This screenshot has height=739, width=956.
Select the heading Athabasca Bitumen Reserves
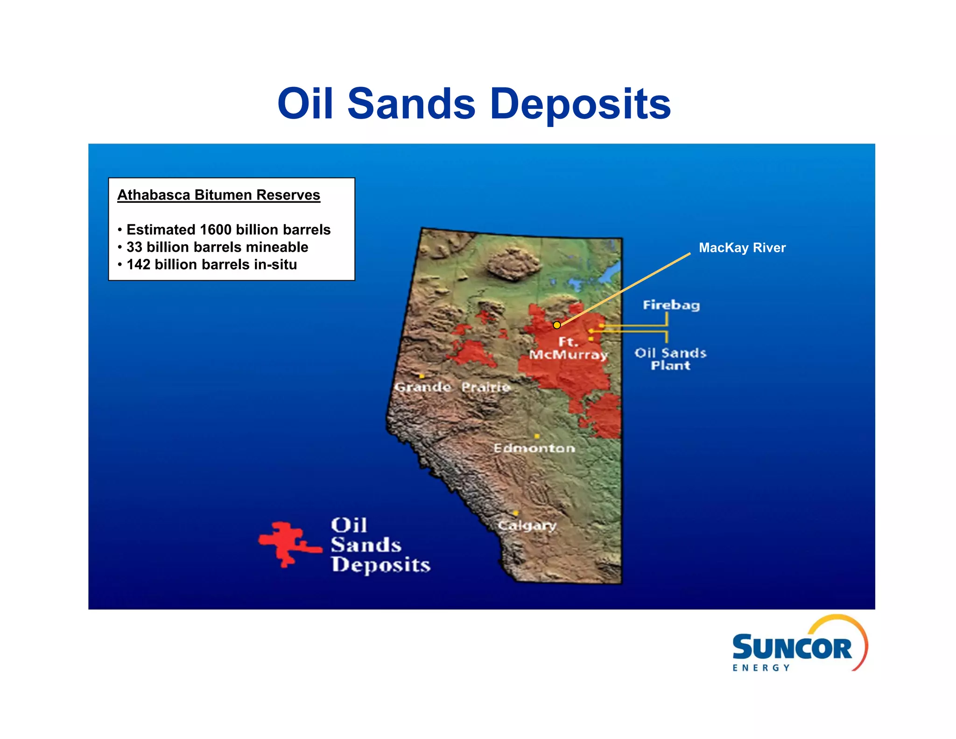(x=218, y=195)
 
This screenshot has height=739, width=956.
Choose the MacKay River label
(x=742, y=248)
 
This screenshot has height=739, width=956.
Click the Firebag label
(x=671, y=305)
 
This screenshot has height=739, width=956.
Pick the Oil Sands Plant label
(x=670, y=359)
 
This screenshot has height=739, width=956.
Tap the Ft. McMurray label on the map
(x=568, y=348)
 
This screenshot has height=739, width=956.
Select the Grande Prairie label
(x=452, y=387)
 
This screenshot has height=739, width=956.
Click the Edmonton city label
(x=534, y=448)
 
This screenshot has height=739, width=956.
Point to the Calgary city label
(x=527, y=526)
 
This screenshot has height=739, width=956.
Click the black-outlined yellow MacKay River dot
(x=556, y=325)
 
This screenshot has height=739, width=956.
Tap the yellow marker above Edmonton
(x=537, y=436)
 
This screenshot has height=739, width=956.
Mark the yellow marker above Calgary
(x=515, y=513)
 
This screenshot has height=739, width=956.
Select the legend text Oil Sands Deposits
(x=380, y=545)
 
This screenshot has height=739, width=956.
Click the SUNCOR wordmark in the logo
(x=792, y=648)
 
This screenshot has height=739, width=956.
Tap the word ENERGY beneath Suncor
(x=761, y=668)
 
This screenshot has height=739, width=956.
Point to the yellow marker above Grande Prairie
(x=422, y=376)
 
